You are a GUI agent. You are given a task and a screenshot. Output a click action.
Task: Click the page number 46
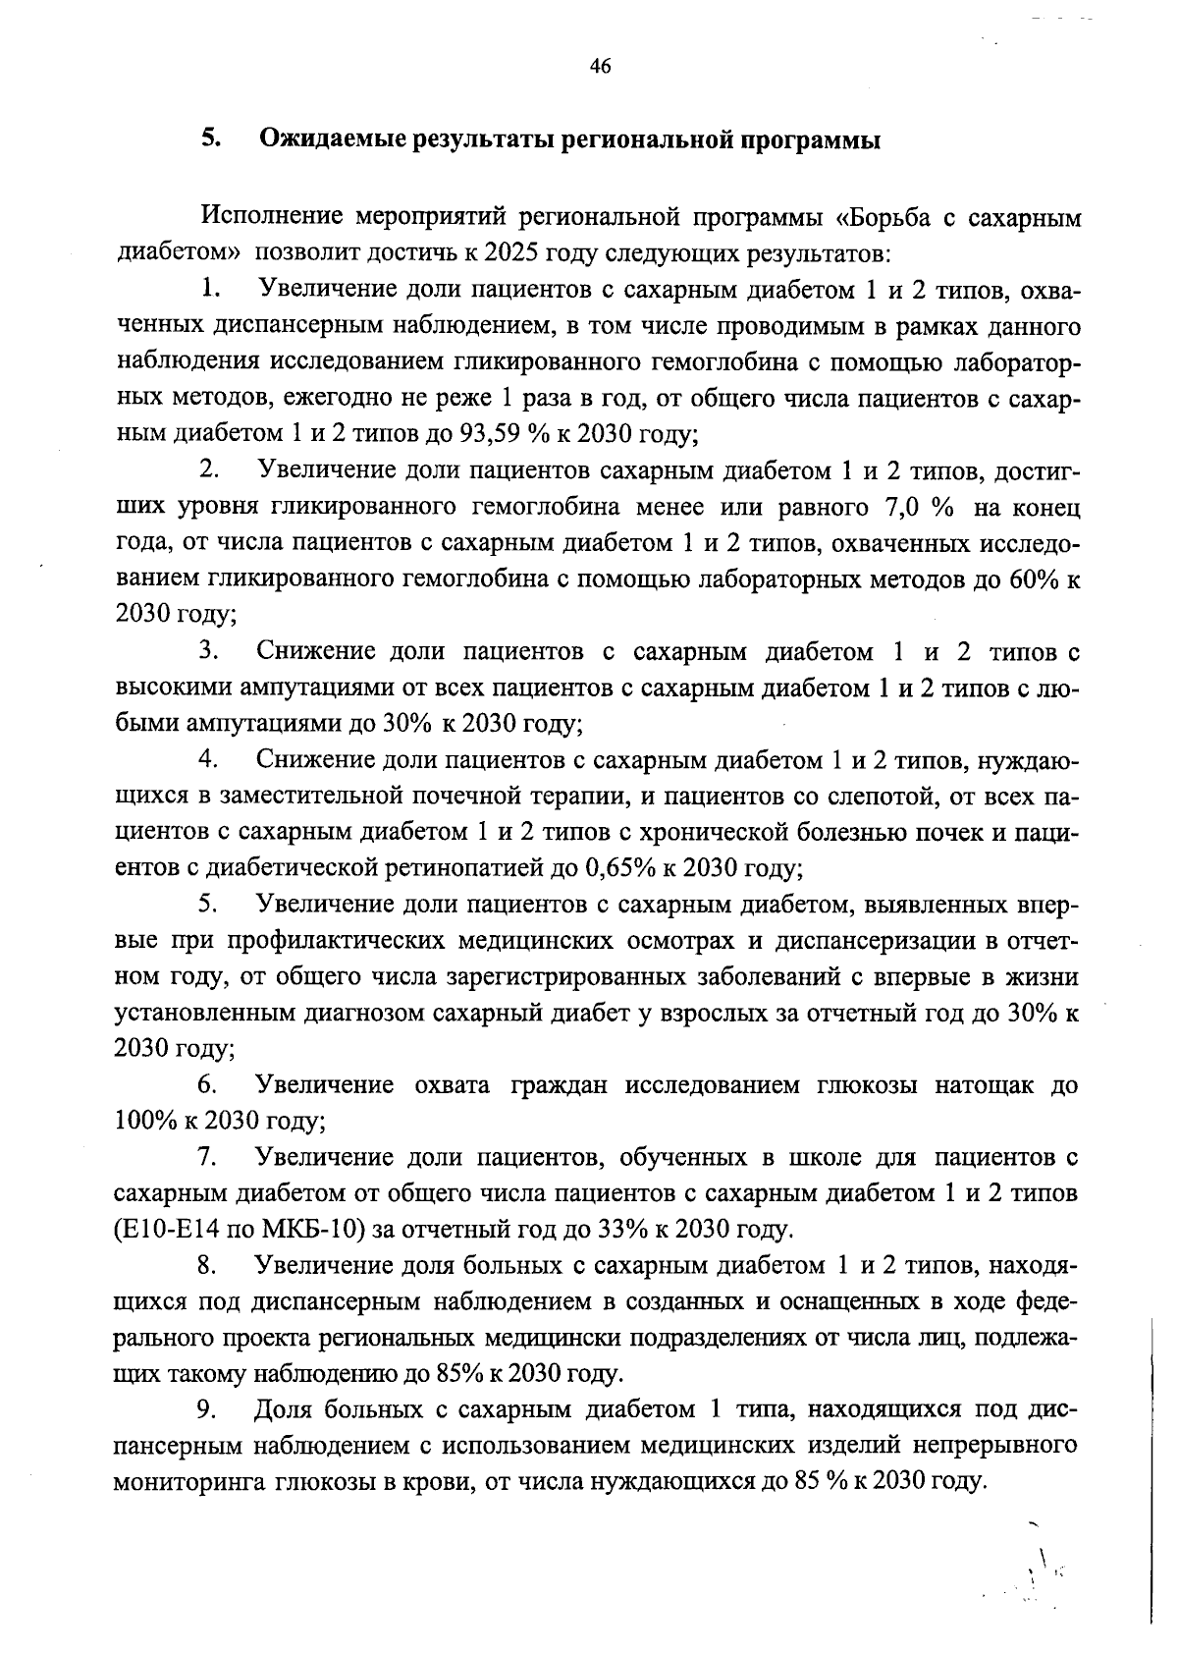(x=600, y=67)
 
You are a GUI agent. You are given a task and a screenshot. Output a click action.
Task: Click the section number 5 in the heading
(x=208, y=139)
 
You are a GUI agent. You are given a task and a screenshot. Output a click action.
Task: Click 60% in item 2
(x=1036, y=579)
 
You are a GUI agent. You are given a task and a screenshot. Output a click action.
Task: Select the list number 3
(x=206, y=651)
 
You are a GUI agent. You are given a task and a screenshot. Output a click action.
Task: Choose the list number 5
(x=206, y=904)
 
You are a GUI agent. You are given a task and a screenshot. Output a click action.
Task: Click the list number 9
(x=206, y=1410)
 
